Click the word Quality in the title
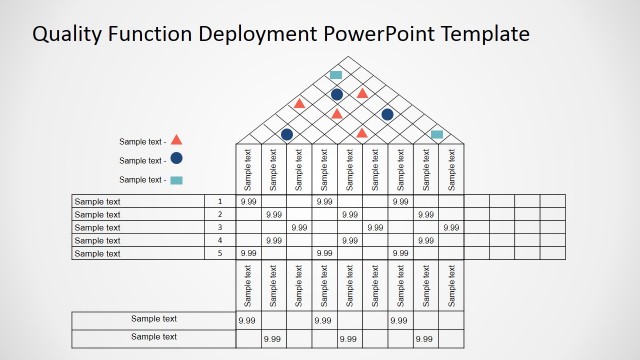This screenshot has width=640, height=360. (66, 34)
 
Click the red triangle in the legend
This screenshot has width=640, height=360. (176, 141)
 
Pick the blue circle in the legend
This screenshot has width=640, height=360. (176, 159)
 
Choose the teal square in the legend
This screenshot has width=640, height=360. (176, 179)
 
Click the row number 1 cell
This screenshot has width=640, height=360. (219, 201)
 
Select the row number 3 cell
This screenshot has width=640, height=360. (219, 227)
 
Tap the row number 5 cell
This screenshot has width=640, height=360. (219, 253)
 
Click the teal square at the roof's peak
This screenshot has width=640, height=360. (337, 75)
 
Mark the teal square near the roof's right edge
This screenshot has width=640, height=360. (437, 134)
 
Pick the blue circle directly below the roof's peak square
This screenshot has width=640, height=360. (337, 94)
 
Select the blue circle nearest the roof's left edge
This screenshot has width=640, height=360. (287, 134)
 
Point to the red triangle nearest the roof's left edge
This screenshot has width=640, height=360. (298, 103)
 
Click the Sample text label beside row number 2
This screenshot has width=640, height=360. (98, 214)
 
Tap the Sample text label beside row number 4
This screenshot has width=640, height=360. (98, 240)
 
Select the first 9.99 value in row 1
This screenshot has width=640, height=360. (248, 201)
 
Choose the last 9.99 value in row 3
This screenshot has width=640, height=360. (451, 227)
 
